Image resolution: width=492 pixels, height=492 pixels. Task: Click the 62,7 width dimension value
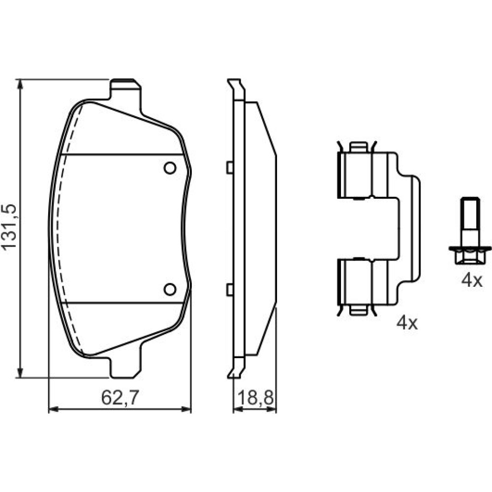(120, 398)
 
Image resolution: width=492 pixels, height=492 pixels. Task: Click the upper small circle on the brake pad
(170, 168)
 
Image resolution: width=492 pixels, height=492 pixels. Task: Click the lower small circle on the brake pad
(170, 289)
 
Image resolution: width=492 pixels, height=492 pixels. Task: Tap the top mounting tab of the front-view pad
(125, 90)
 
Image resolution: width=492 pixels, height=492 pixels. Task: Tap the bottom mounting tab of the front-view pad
(125, 367)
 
